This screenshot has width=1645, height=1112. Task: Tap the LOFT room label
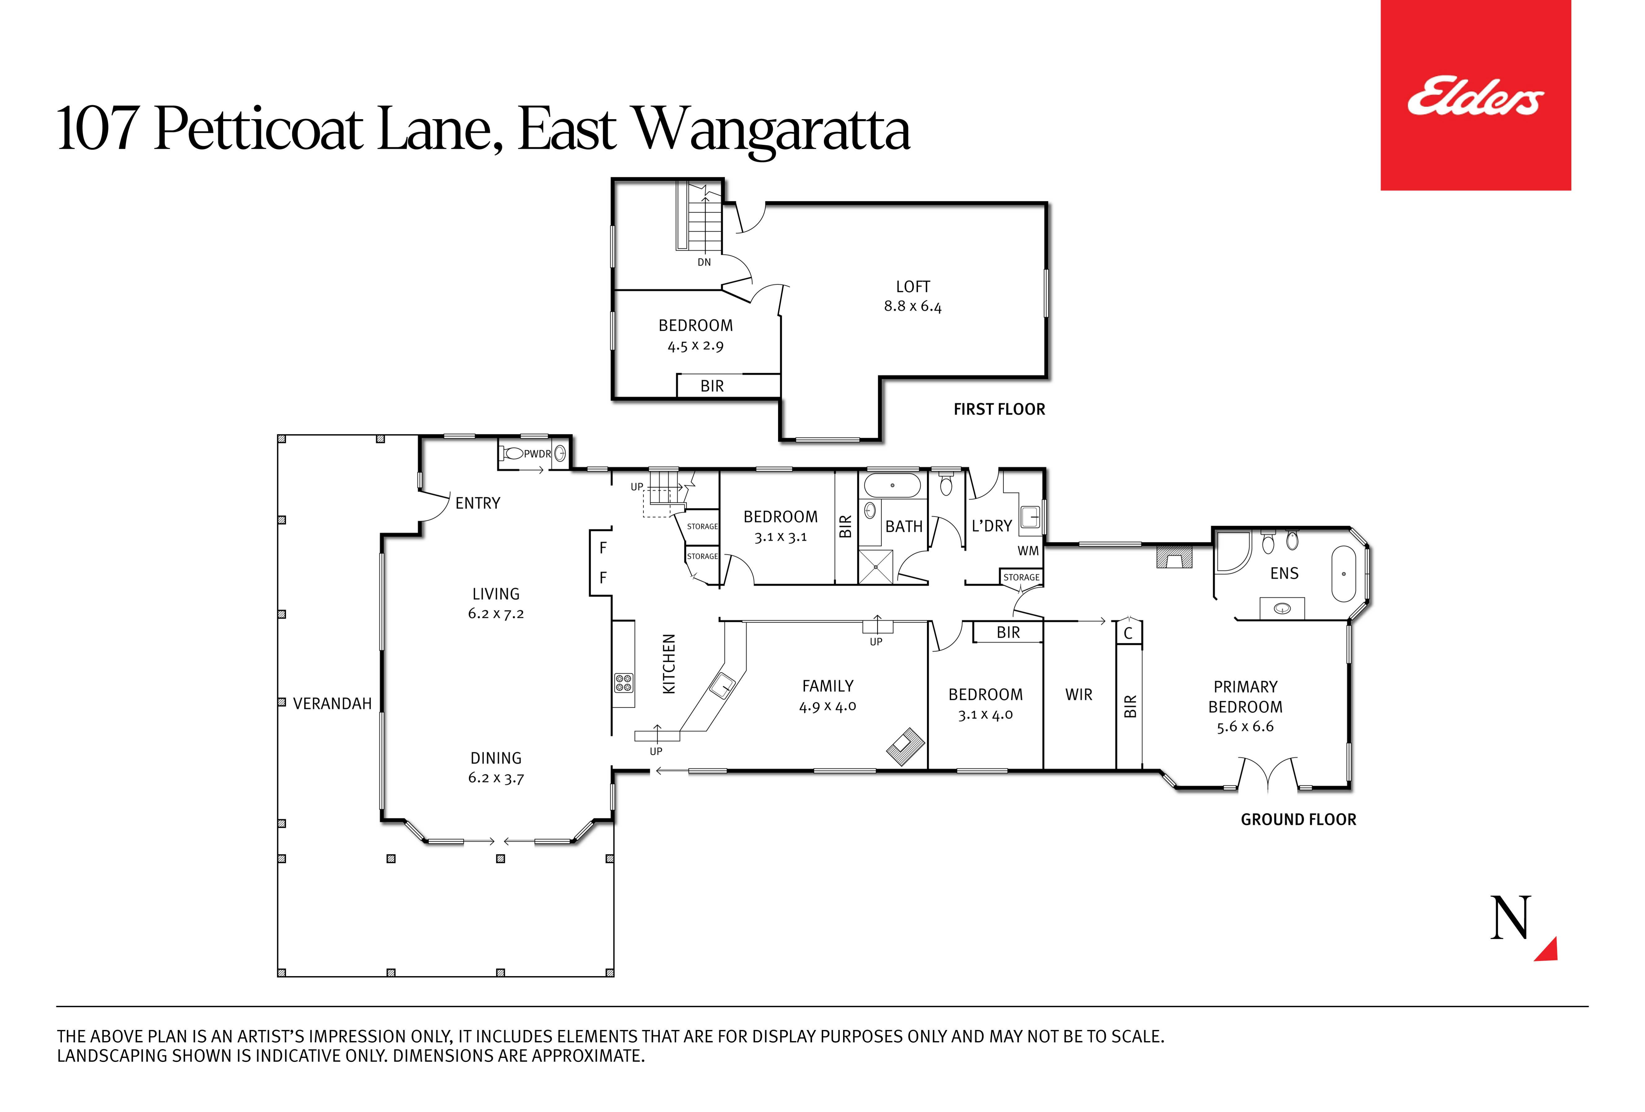(x=912, y=287)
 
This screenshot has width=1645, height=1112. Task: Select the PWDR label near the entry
(x=537, y=454)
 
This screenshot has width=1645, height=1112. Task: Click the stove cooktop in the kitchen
(x=624, y=682)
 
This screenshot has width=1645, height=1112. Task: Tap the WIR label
(x=1079, y=695)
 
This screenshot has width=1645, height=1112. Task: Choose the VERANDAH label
(x=332, y=704)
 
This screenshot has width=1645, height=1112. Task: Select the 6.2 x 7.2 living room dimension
(x=495, y=614)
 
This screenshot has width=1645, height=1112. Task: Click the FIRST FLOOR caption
(x=999, y=409)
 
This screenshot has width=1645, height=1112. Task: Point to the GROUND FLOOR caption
(x=1298, y=820)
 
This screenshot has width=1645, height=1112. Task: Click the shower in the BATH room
(x=876, y=566)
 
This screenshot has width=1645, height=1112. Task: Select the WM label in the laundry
(x=1028, y=551)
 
